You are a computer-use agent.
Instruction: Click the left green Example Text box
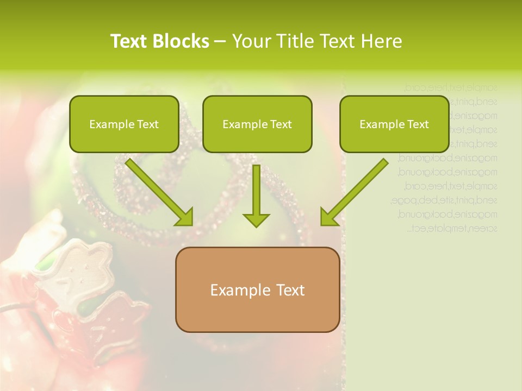pyautogui.click(x=124, y=124)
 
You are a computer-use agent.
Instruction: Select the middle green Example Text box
pyautogui.click(x=257, y=124)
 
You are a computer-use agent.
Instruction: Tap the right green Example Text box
pyautogui.click(x=394, y=124)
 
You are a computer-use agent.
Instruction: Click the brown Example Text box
pyautogui.click(x=257, y=289)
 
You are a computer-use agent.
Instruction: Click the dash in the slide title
pyautogui.click(x=220, y=41)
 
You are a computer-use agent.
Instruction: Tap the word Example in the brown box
pyautogui.click(x=237, y=290)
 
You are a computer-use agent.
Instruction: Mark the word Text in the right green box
pyautogui.click(x=418, y=124)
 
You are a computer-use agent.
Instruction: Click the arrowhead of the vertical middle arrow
pyautogui.click(x=256, y=219)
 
